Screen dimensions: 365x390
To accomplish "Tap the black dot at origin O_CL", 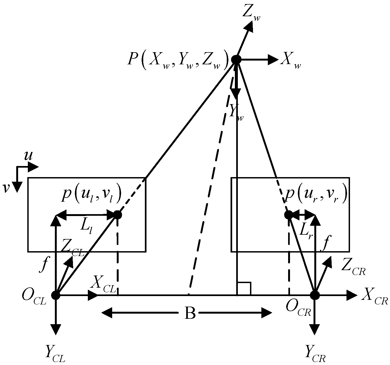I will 56,295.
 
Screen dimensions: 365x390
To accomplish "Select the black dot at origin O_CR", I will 315,295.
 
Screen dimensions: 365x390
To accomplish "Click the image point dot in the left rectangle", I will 118,215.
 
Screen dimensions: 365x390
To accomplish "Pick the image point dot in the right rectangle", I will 289,215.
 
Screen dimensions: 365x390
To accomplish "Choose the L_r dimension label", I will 306,230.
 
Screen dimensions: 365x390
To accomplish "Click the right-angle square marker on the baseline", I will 244,289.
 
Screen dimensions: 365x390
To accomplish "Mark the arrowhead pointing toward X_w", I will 273,59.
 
